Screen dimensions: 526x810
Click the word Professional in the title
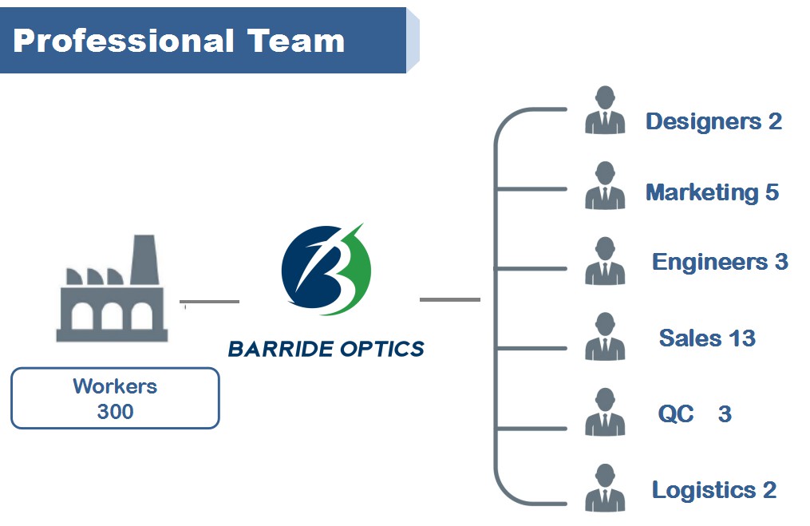pyautogui.click(x=124, y=41)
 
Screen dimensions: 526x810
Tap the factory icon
pyautogui.click(x=112, y=291)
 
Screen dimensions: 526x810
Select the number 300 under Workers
pyautogui.click(x=115, y=412)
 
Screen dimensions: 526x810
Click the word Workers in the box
pyautogui.click(x=115, y=387)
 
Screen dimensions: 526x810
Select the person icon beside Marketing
pyautogui.click(x=605, y=186)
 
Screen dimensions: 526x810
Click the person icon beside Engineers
pyautogui.click(x=605, y=261)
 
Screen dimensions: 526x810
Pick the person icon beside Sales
pyautogui.click(x=605, y=337)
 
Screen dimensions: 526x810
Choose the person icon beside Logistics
pyautogui.click(x=605, y=488)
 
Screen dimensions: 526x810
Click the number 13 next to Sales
pyautogui.click(x=742, y=338)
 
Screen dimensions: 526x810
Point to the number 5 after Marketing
pyautogui.click(x=772, y=192)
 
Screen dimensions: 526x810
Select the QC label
pyautogui.click(x=675, y=414)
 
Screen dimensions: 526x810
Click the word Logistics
pyautogui.click(x=703, y=490)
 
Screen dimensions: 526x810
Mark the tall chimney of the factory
pyautogui.click(x=144, y=259)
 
